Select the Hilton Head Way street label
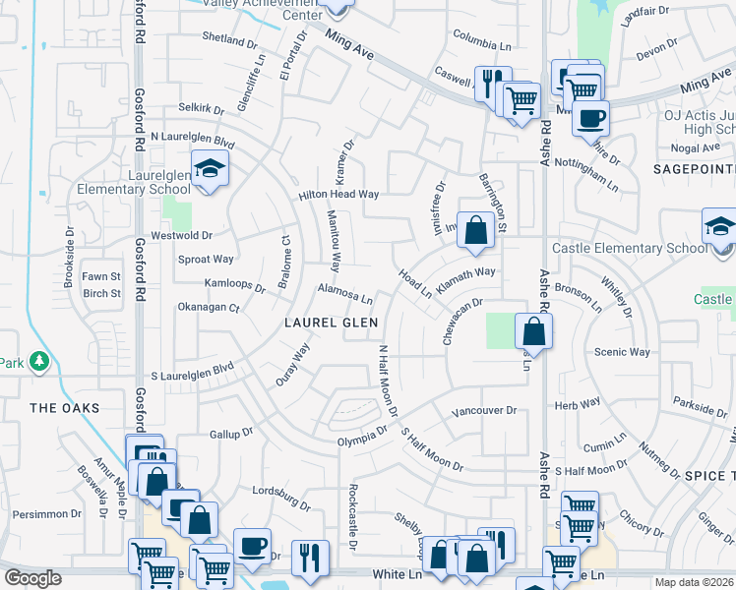(x=339, y=195)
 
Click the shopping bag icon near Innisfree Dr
(x=475, y=231)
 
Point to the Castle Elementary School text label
(x=630, y=248)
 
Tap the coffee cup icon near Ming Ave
(x=590, y=119)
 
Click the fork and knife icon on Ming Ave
(x=491, y=82)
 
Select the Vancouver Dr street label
(x=483, y=410)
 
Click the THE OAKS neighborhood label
(x=59, y=407)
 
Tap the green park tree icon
(x=39, y=362)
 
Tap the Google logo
(x=32, y=578)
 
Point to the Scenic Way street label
(x=622, y=352)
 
